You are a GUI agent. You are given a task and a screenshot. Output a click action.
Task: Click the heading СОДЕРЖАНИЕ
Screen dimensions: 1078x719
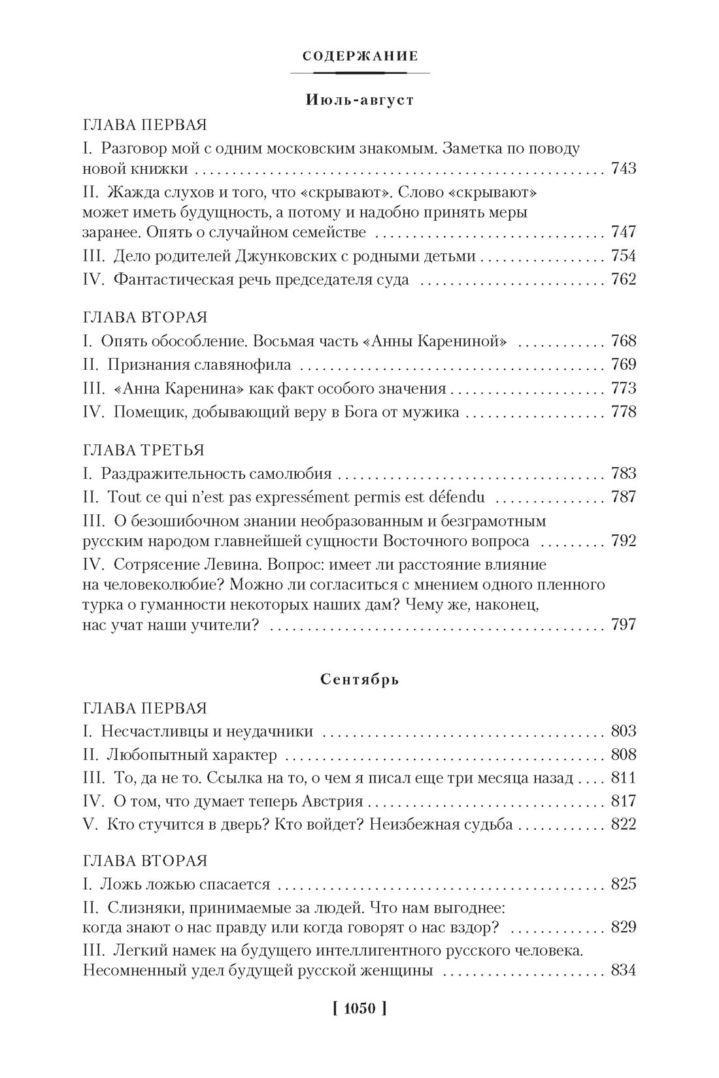[360, 56]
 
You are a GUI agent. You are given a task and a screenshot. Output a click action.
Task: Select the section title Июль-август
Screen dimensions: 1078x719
[359, 101]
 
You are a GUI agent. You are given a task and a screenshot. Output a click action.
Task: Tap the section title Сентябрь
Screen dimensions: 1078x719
[360, 679]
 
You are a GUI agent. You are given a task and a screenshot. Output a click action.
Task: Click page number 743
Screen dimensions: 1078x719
[623, 169]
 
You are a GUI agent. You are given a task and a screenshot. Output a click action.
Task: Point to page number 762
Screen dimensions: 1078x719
[623, 280]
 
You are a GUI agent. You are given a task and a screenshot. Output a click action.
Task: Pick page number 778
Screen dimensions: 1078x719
[623, 412]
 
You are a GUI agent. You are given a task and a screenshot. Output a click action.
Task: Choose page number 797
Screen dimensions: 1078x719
[623, 625]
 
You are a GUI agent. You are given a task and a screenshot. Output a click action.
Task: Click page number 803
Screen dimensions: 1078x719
[623, 731]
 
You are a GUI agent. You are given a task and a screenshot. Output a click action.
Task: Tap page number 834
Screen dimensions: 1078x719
[623, 970]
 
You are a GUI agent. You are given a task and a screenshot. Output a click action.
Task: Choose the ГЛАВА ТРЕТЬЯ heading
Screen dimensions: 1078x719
[144, 450]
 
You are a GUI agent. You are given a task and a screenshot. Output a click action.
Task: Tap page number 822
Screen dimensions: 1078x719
[623, 825]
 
